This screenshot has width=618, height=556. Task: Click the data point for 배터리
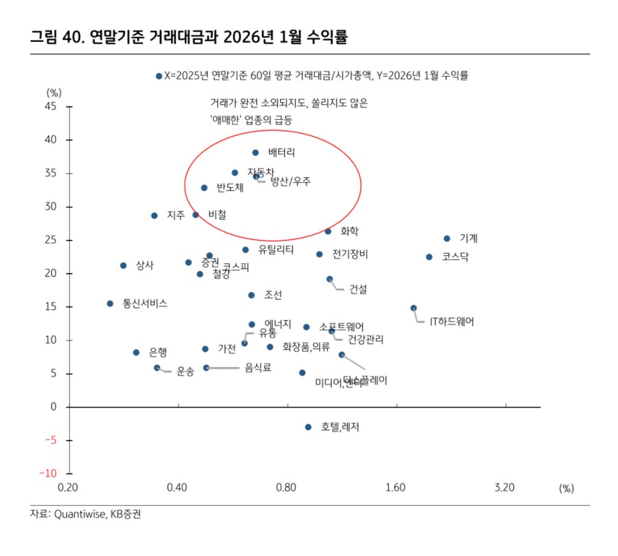(x=255, y=153)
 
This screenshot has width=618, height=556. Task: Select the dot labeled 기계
(x=446, y=238)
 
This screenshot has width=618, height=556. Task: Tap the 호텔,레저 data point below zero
(x=308, y=427)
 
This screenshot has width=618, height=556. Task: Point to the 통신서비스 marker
(x=110, y=303)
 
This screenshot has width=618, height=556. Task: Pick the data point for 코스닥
(x=429, y=256)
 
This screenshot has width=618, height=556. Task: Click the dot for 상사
(x=124, y=265)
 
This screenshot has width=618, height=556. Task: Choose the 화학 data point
(x=328, y=232)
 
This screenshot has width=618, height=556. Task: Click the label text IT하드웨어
(x=451, y=321)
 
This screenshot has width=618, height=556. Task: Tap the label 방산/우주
(x=290, y=181)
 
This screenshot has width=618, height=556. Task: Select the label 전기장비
(x=350, y=254)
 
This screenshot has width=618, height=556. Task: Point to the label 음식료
(x=257, y=368)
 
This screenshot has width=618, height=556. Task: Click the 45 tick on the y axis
(x=50, y=107)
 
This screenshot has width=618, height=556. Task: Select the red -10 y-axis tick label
(x=47, y=474)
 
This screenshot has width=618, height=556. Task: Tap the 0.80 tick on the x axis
(x=286, y=488)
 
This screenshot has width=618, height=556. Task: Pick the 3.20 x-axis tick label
(x=505, y=488)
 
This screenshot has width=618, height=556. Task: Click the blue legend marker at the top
(x=159, y=76)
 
